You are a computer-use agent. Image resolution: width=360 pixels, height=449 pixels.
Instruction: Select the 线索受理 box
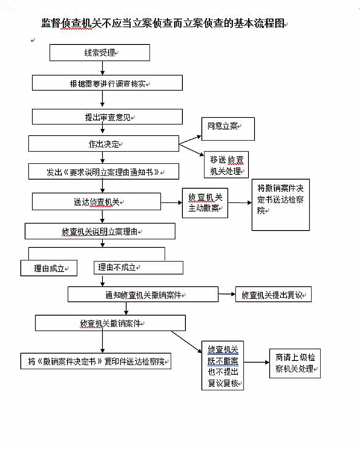(x=100, y=53)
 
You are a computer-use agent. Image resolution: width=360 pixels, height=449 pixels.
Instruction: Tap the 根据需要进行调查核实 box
(x=107, y=83)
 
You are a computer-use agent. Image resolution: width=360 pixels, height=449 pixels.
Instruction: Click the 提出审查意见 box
(x=107, y=117)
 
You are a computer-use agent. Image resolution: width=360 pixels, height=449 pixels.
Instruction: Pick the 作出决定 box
(x=104, y=144)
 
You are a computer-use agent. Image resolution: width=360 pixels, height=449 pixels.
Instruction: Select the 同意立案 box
(x=228, y=129)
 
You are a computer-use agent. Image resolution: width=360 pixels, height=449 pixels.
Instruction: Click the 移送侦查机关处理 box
(x=226, y=165)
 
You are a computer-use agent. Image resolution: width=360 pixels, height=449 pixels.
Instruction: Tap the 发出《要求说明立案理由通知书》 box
(x=104, y=171)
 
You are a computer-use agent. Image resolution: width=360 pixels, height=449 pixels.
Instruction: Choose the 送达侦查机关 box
(x=96, y=202)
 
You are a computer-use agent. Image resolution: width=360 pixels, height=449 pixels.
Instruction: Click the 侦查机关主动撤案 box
(x=205, y=203)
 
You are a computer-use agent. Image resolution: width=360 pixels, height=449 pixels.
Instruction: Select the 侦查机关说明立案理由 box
(x=100, y=231)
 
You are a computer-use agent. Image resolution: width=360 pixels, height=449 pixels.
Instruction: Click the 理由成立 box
(x=49, y=268)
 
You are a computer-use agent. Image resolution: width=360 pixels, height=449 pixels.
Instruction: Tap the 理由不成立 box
(x=138, y=268)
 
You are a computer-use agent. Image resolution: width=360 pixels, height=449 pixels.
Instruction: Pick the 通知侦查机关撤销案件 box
(x=143, y=295)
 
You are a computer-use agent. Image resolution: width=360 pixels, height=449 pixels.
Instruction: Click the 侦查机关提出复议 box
(x=273, y=295)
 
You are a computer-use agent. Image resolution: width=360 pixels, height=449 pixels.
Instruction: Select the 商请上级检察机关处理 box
(x=295, y=364)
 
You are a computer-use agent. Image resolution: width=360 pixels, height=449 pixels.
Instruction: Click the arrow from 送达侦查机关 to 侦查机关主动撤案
(x=172, y=202)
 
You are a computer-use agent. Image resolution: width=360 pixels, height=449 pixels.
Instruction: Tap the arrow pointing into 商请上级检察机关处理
(x=257, y=363)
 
